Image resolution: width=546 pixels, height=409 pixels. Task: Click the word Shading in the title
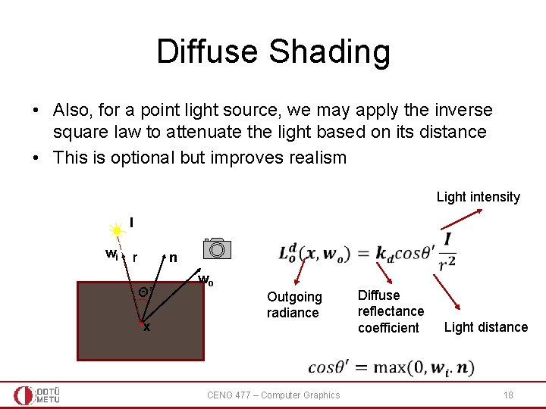pos(329,52)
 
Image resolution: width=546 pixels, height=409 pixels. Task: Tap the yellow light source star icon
pos(118,230)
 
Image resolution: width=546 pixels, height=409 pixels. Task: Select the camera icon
pos(217,249)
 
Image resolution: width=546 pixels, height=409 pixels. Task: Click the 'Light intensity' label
pos(478,197)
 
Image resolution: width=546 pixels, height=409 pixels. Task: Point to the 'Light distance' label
pos(485,327)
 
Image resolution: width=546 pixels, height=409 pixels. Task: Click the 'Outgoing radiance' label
pos(294,304)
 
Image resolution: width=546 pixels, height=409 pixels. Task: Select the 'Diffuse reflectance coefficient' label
pos(391,311)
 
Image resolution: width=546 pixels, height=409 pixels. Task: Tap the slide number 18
pos(508,395)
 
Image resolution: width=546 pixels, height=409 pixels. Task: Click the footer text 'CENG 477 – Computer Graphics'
pos(273,395)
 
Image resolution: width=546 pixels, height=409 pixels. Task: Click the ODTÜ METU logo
pos(36,395)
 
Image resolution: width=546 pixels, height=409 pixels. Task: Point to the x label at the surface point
pos(146,328)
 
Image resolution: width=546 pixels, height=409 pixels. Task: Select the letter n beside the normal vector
pos(173,258)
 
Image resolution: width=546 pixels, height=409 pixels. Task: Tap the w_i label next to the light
pos(111,253)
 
